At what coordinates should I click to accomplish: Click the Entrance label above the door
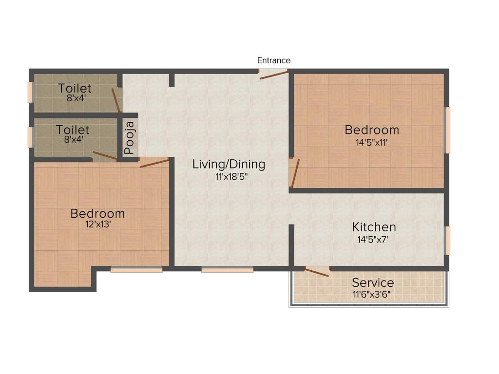coord(274,60)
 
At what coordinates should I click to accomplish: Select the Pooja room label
coord(129,138)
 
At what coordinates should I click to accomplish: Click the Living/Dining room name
coord(229,164)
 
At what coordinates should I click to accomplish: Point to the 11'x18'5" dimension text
coord(229,177)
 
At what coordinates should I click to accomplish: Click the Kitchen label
coord(374,227)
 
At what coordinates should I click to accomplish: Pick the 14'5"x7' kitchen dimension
coord(374,239)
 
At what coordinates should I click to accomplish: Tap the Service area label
coord(373,282)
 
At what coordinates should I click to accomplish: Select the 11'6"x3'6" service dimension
coord(373,294)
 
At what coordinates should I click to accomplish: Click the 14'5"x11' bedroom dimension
coord(372,143)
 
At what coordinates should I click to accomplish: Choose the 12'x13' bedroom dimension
coord(97,225)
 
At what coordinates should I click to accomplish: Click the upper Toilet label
coord(75,88)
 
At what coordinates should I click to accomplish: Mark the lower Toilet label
coord(73,130)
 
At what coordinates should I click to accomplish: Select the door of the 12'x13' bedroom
coord(154,162)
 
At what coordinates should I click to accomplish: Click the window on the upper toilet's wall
coord(30,92)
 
